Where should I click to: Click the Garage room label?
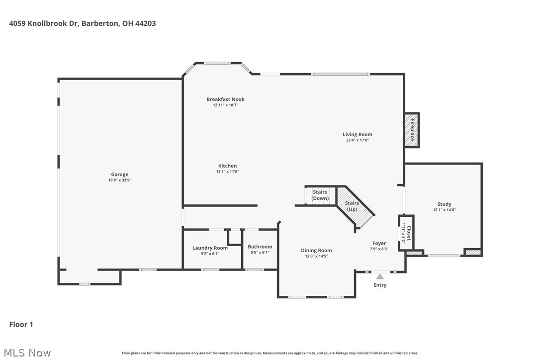(x=119, y=175)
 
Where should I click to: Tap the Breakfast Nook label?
(x=225, y=99)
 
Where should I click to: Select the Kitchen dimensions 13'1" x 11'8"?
(x=227, y=172)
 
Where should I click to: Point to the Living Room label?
(x=357, y=134)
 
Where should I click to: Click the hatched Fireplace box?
(x=412, y=130)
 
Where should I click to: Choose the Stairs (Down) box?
(x=320, y=195)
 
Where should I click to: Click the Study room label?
(x=444, y=204)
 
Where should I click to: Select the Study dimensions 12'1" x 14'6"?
(x=444, y=210)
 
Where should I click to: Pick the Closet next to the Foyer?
(x=406, y=233)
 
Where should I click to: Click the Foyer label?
(x=379, y=243)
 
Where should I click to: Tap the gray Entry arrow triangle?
(x=380, y=276)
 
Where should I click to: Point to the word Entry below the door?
(x=380, y=285)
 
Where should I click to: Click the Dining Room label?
(x=316, y=251)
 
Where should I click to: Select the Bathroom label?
(x=260, y=247)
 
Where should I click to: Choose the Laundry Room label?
(x=210, y=248)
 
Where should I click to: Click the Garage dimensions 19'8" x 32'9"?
(x=119, y=180)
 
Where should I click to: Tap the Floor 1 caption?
(x=21, y=324)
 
